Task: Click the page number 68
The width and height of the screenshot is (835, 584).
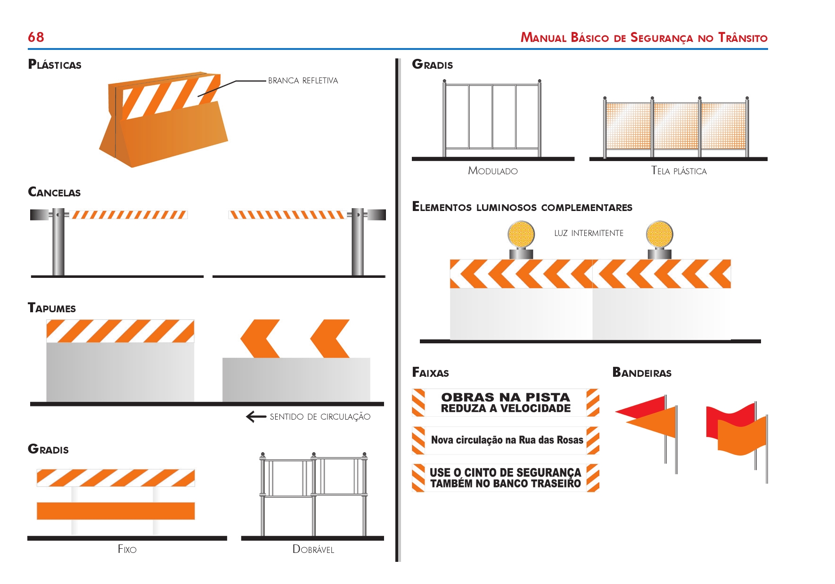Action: pos(36,37)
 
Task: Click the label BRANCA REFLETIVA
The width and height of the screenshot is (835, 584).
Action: pos(303,81)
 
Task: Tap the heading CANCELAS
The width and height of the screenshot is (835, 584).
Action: pos(54,192)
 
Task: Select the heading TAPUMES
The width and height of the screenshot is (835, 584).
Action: pos(52,308)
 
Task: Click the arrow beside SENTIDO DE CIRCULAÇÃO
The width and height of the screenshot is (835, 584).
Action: pos(256,417)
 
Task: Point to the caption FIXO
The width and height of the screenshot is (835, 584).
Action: pos(127,549)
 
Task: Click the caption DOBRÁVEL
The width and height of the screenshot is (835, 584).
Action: pos(313,549)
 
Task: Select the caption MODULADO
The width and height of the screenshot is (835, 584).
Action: pos(493,171)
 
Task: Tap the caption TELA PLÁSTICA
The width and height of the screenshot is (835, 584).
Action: pos(679,171)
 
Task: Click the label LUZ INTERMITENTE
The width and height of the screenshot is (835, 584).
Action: pos(589,233)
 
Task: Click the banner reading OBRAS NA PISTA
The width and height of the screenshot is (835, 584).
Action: pos(506,403)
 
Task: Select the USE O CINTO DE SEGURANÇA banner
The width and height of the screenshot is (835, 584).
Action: pos(505,478)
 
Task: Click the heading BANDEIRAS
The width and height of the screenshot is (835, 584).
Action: pos(642,373)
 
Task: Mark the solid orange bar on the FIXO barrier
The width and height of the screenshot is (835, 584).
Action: pos(116,511)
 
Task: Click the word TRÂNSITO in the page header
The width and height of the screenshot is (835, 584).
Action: pos(743,38)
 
